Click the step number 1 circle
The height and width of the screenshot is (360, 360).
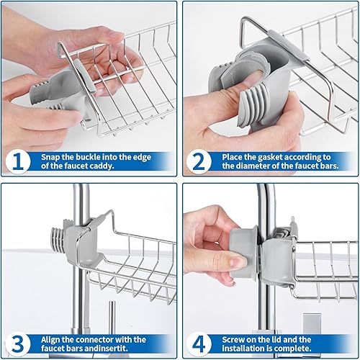click(18, 161)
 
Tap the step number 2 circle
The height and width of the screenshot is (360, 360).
click(199, 161)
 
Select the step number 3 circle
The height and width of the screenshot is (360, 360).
click(18, 344)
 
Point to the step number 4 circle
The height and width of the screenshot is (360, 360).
click(199, 344)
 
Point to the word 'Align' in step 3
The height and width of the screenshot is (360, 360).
click(50, 340)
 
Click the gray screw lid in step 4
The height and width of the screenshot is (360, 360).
click(243, 253)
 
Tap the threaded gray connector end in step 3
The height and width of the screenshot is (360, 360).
click(58, 238)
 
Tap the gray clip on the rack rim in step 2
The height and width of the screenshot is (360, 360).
click(289, 45)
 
